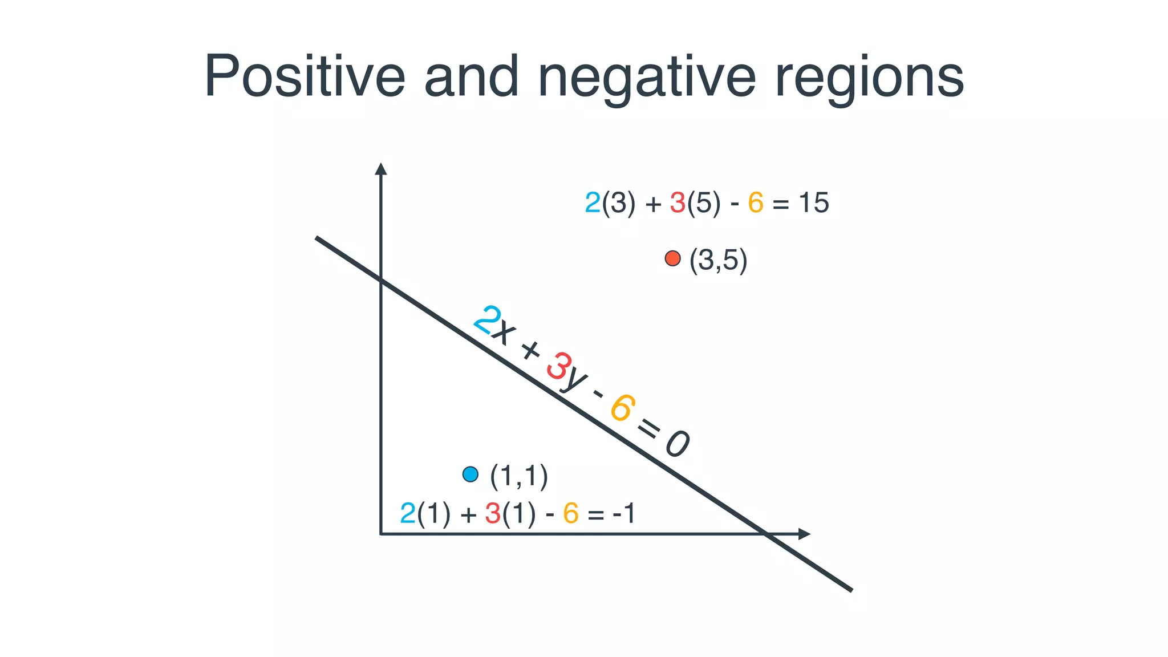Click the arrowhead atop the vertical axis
[x=381, y=169]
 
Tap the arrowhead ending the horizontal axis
[x=804, y=534]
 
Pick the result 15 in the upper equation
[x=813, y=203]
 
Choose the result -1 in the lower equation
[x=624, y=513]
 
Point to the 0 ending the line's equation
[x=678, y=444]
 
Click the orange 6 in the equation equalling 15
[x=756, y=203]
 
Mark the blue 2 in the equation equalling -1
[x=408, y=513]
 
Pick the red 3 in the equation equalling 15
[x=678, y=203]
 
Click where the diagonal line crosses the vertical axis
[x=381, y=279]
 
